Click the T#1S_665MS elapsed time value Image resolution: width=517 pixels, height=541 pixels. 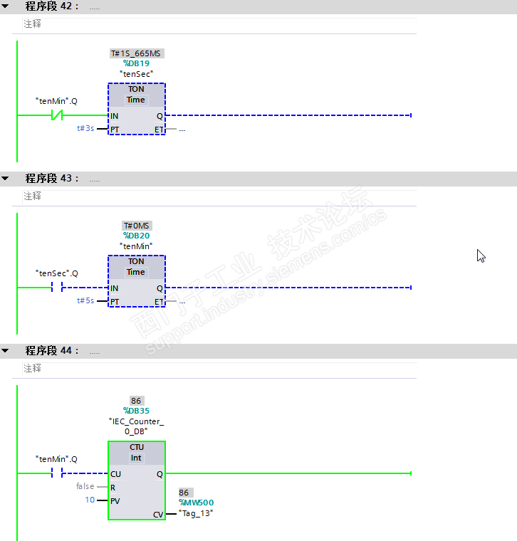pyautogui.click(x=136, y=53)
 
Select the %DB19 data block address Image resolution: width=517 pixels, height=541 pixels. pyautogui.click(x=136, y=63)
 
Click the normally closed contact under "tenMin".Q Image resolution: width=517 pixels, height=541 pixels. pyautogui.click(x=57, y=115)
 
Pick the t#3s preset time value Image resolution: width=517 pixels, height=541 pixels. pyautogui.click(x=85, y=128)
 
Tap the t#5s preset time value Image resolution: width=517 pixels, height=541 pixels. pyautogui.click(x=85, y=300)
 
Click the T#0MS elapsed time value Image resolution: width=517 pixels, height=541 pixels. pyautogui.click(x=136, y=226)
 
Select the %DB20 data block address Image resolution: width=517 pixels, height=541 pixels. pyautogui.click(x=136, y=236)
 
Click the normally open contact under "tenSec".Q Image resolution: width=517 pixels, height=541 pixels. pyautogui.click(x=57, y=287)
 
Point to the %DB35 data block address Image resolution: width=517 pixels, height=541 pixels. pyautogui.click(x=136, y=411)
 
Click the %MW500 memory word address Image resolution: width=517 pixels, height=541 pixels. pyautogui.click(x=196, y=503)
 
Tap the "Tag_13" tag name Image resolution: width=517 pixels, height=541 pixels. pyautogui.click(x=196, y=513)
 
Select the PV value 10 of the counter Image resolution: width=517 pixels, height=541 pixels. pyautogui.click(x=90, y=500)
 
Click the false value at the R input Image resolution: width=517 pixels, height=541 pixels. pyautogui.click(x=85, y=486)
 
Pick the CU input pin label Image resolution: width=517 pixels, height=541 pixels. pyautogui.click(x=115, y=474)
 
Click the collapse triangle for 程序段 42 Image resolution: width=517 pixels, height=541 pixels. pyautogui.click(x=5, y=6)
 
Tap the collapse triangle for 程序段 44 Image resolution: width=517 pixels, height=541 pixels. pyautogui.click(x=5, y=350)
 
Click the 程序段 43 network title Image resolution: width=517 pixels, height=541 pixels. pyautogui.click(x=52, y=179)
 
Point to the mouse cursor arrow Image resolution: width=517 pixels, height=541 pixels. pyautogui.click(x=481, y=256)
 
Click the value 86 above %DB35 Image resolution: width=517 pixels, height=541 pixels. pyautogui.click(x=136, y=401)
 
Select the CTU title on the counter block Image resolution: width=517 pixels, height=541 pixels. pyautogui.click(x=136, y=447)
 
